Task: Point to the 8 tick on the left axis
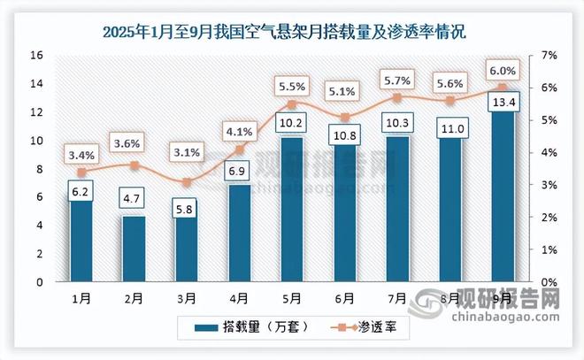point(40,169)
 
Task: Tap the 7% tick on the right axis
point(549,55)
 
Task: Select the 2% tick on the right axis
point(549,218)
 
